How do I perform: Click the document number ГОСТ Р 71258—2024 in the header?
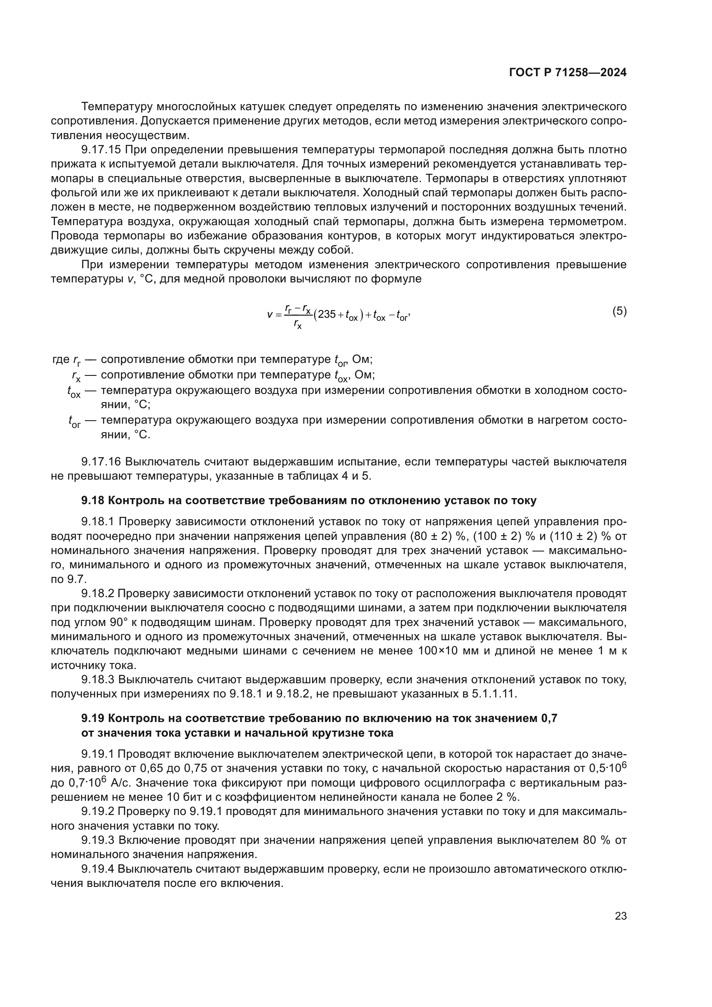tap(568, 73)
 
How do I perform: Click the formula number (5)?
tap(619, 311)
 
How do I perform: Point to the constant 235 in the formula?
tap(327, 314)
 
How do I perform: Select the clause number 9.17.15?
tap(101, 150)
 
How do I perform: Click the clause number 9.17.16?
tap(101, 462)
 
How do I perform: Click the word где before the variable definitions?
tap(61, 359)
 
